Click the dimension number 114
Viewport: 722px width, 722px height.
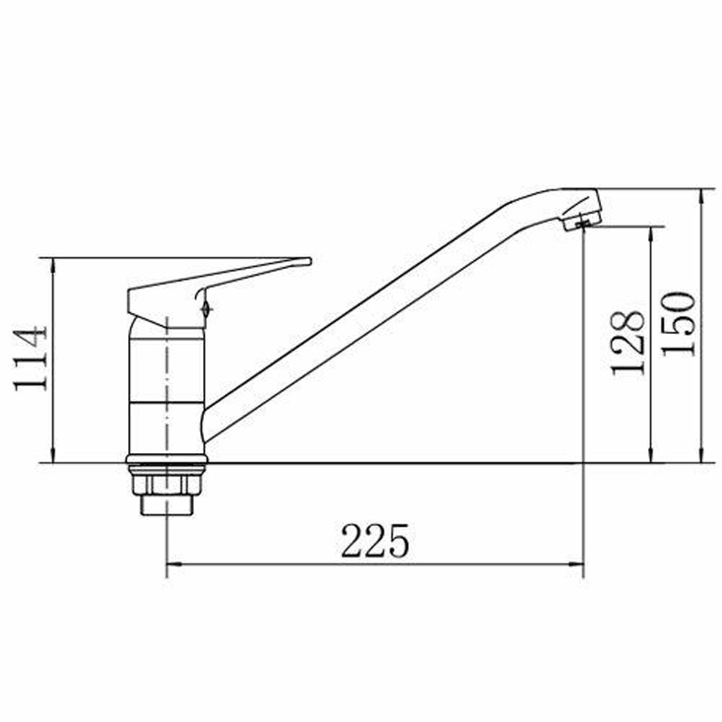tap(31, 358)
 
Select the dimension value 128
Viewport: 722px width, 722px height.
tap(626, 344)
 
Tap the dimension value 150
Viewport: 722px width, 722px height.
tap(679, 324)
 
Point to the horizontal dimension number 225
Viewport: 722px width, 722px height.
tap(375, 541)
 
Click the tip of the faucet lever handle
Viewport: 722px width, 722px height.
tap(310, 262)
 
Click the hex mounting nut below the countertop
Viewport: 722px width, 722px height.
tap(166, 485)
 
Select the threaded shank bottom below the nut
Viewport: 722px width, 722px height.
tap(166, 505)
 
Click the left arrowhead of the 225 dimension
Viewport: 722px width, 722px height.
tap(172, 563)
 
